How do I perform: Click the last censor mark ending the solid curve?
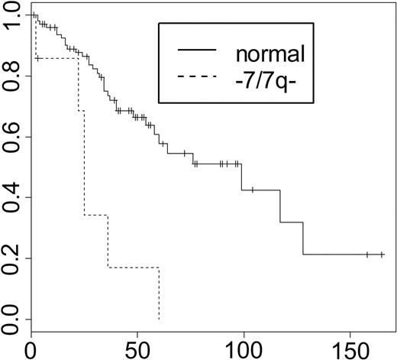click(x=382, y=255)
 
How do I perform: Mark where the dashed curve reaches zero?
click(x=159, y=319)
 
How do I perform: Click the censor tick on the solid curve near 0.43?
click(x=252, y=190)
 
